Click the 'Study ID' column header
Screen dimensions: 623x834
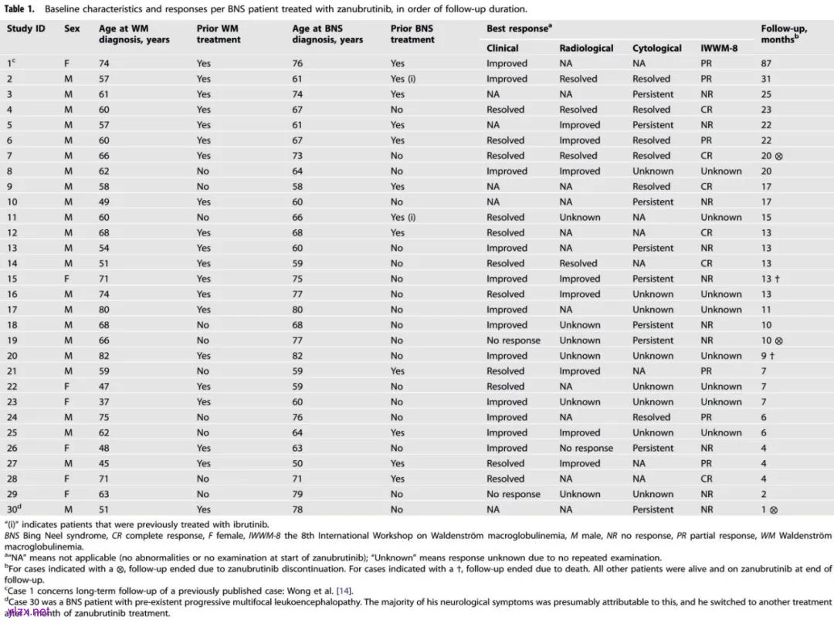26,29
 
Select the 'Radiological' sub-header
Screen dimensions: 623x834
586,48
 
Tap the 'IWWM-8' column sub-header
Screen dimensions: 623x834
719,48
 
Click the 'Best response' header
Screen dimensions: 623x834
518,29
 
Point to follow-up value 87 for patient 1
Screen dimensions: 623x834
767,63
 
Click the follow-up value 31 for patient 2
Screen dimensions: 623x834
767,79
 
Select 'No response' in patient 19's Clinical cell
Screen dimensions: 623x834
513,340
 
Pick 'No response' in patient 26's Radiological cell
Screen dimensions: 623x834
586,448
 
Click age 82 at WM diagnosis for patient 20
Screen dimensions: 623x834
104,356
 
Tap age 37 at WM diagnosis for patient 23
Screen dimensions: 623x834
104,401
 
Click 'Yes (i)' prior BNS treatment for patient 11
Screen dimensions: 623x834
403,217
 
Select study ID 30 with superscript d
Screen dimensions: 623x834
13,509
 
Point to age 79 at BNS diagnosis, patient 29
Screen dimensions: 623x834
297,494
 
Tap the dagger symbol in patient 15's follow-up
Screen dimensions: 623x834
776,279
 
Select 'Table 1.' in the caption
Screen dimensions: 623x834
22,10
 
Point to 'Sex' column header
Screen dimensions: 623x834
72,29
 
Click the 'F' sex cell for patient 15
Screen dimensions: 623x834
67,279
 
